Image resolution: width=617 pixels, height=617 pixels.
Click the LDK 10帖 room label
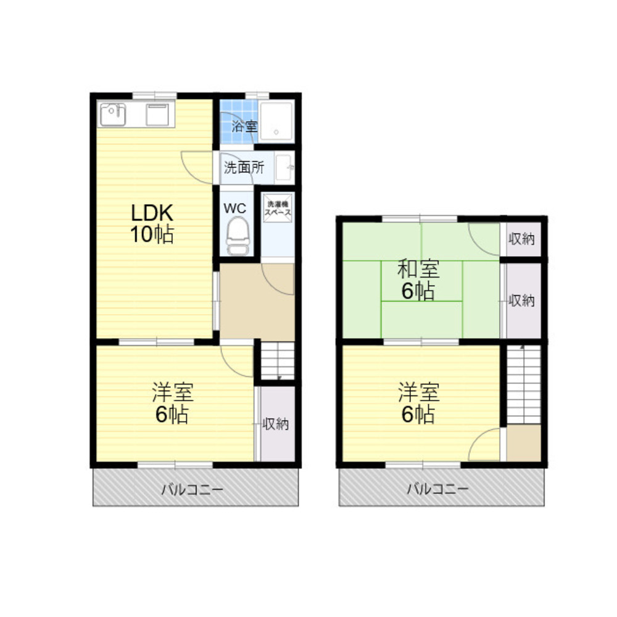(152, 223)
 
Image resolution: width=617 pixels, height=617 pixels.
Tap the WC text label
(235, 208)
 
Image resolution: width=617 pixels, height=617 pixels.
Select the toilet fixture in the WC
(238, 236)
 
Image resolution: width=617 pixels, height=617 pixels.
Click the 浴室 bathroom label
(244, 126)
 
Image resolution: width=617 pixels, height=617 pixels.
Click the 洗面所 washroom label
(244, 168)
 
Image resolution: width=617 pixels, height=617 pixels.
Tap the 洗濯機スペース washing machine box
(278, 208)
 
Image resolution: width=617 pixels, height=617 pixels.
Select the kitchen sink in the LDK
(112, 114)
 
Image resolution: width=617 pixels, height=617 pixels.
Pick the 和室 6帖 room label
(418, 280)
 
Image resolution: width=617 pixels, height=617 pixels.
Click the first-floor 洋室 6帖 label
(172, 403)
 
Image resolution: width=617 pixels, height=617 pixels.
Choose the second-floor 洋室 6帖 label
(418, 403)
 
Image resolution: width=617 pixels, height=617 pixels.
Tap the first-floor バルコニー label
(192, 489)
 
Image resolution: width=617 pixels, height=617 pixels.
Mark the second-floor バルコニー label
(437, 489)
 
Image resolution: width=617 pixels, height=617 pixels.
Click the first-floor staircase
(278, 361)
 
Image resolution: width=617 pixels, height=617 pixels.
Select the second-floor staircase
(524, 384)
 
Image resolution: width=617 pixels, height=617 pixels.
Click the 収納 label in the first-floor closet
(275, 424)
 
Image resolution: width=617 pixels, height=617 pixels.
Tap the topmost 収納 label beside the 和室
(521, 238)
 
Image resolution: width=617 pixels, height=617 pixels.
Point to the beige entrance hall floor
(257, 302)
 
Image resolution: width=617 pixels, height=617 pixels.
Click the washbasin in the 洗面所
(284, 168)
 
